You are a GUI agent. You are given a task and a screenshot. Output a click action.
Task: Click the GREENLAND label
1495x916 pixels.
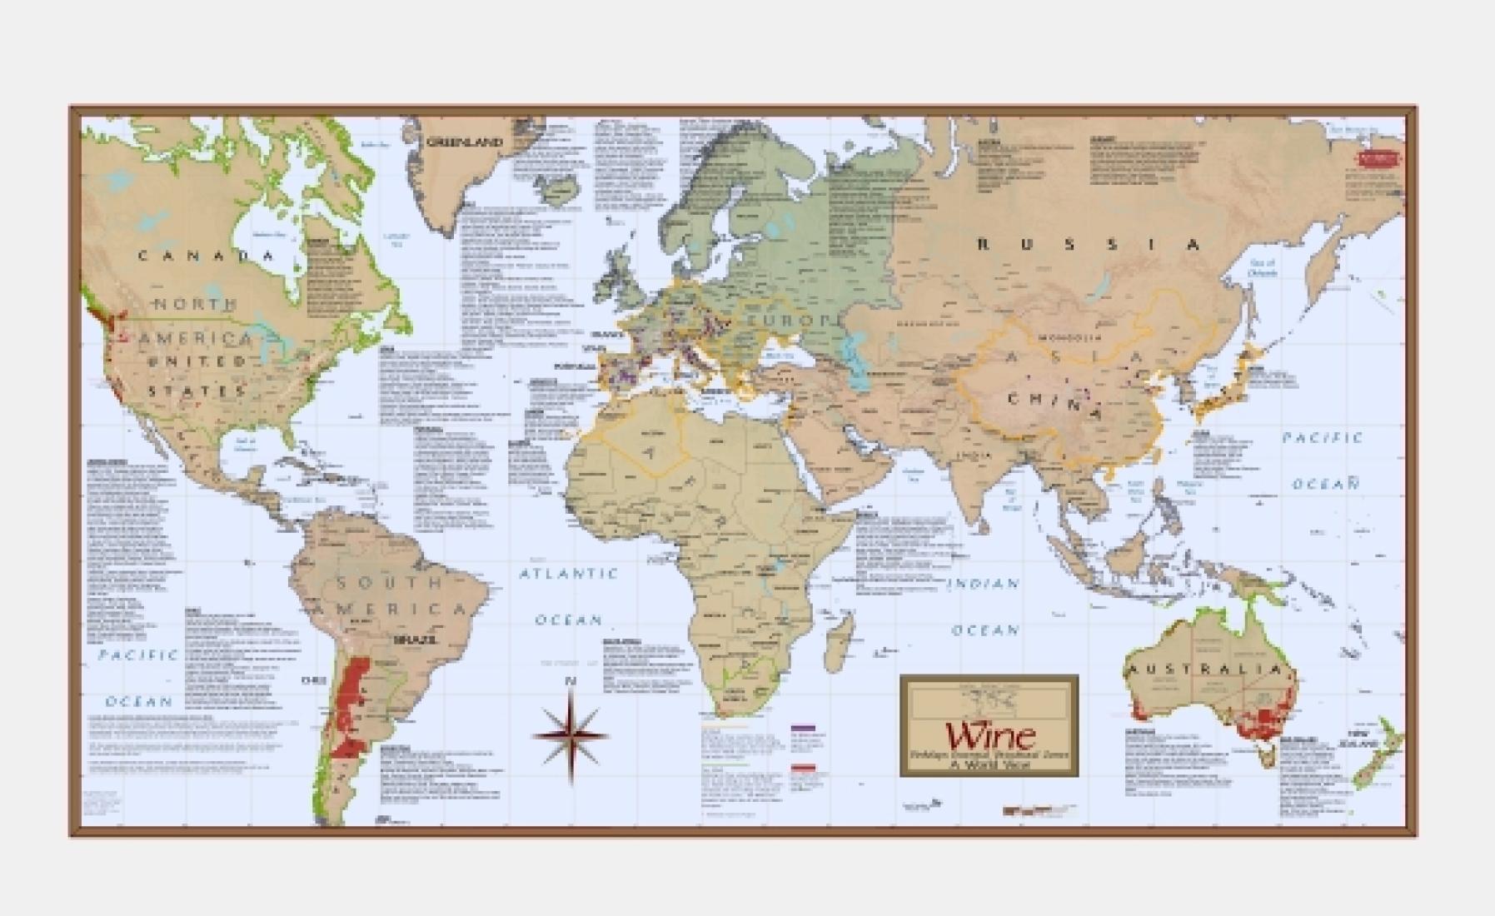[465, 142]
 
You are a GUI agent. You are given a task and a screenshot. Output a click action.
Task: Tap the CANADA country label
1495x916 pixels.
[205, 256]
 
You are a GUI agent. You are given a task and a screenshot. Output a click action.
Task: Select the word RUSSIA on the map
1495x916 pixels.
[1089, 244]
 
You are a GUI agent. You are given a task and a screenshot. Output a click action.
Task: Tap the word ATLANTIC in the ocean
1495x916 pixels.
[569, 574]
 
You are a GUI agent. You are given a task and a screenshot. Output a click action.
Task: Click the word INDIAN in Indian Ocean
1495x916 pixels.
[983, 584]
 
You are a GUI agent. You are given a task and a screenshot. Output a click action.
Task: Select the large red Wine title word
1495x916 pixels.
[989, 735]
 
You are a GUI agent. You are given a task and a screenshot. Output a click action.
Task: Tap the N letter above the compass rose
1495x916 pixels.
[571, 682]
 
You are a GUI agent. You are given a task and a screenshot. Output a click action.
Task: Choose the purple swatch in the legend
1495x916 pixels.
[802, 728]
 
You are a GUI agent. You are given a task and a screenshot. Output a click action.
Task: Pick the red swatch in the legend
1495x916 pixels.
[802, 768]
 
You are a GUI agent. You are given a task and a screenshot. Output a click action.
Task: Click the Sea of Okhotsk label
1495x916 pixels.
[1263, 267]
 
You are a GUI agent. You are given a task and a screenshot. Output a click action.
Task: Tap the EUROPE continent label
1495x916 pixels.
[788, 321]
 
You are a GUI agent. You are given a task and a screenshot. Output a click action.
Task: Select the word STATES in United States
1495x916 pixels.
[198, 391]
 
